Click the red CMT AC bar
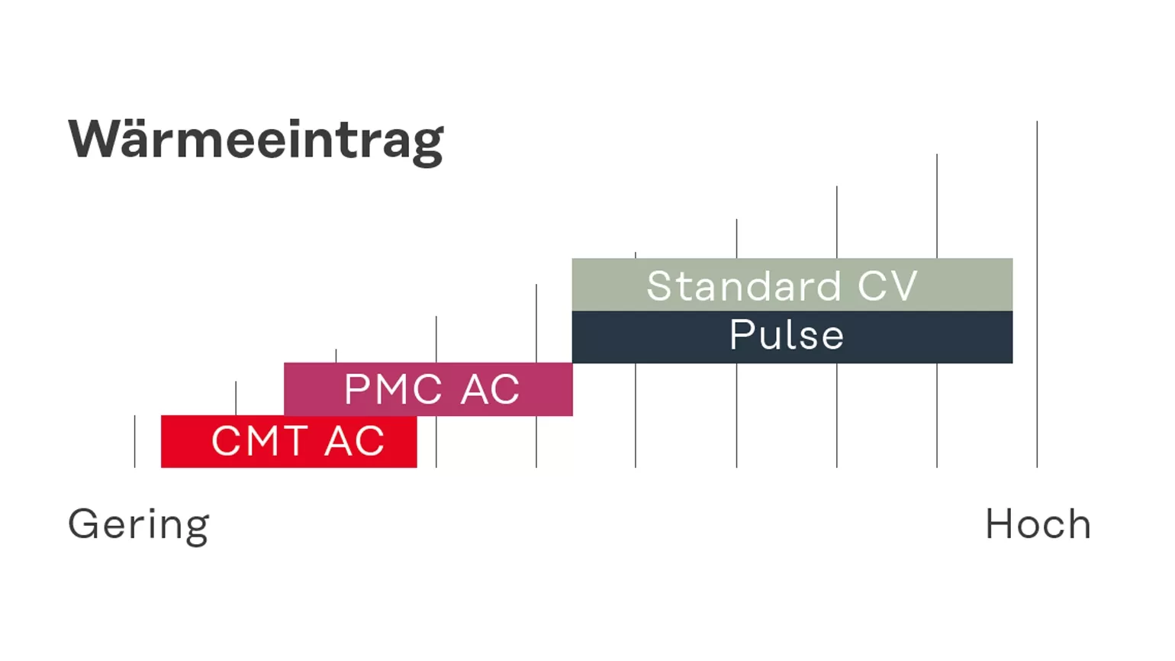click(289, 441)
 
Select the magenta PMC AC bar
click(428, 389)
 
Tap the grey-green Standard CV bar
click(792, 285)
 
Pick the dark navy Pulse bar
click(792, 337)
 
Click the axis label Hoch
click(1038, 524)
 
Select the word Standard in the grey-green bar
click(745, 286)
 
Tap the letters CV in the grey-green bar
click(887, 286)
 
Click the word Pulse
click(787, 334)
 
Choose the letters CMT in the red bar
click(259, 441)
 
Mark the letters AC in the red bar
click(355, 441)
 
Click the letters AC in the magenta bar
click(490, 389)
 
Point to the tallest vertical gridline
click(1037, 295)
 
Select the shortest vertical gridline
click(135, 442)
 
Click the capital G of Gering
click(83, 524)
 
